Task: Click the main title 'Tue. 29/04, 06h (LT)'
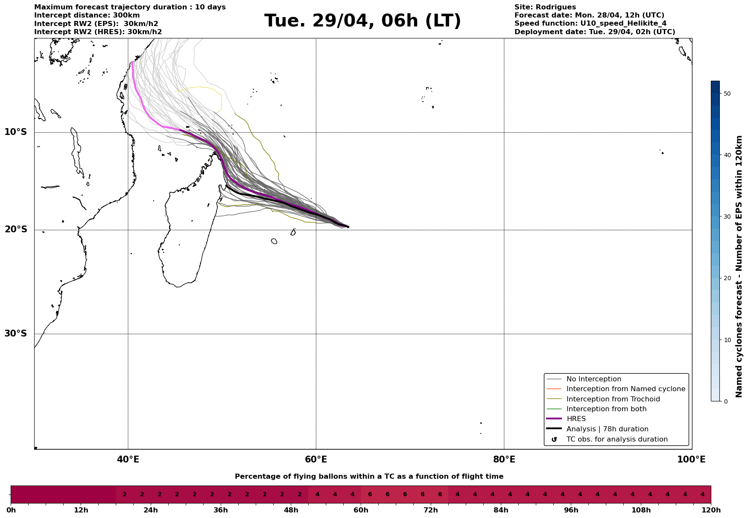click(362, 21)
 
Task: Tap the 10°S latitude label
click(16, 132)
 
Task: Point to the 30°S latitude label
click(16, 334)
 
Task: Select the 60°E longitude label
click(316, 459)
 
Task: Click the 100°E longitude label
click(691, 459)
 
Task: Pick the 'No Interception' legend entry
click(593, 379)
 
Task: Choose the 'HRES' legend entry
click(576, 419)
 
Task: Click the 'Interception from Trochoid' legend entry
click(613, 399)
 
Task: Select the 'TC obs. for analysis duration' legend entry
click(617, 439)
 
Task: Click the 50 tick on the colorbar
click(727, 94)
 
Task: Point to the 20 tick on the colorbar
click(727, 278)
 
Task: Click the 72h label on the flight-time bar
click(430, 510)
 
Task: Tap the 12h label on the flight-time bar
click(81, 510)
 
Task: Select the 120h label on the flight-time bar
click(710, 510)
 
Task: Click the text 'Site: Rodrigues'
click(545, 7)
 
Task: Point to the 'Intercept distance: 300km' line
click(87, 15)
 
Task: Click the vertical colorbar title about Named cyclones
click(739, 266)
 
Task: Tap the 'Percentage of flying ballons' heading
click(369, 477)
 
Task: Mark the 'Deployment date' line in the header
click(594, 32)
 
